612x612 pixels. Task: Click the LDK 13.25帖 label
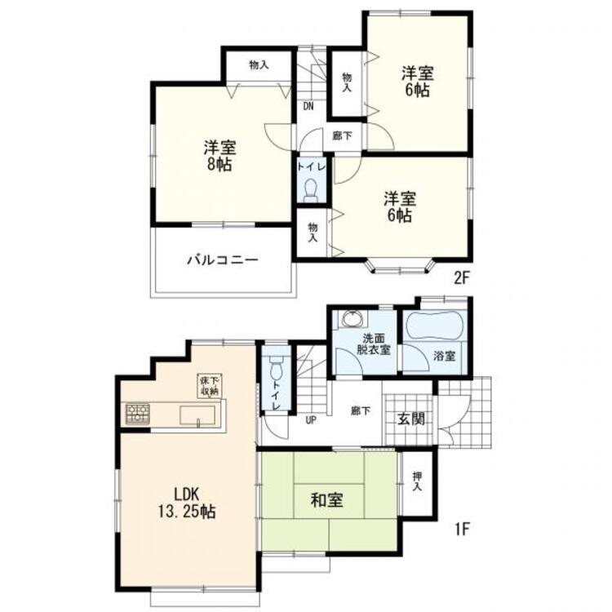pos(187,503)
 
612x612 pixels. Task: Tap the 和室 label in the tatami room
pos(326,500)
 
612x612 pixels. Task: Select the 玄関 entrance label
pos(411,419)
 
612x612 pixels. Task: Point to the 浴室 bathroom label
pos(445,356)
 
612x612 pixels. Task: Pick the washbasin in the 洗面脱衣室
pos(353,318)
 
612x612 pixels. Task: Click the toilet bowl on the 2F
pos(312,189)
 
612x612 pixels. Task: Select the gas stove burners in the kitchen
pos(137,414)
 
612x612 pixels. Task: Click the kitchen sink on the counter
pos(197,415)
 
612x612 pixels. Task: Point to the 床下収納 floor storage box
pos(210,386)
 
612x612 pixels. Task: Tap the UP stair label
pos(311,420)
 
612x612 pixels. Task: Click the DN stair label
pos(308,107)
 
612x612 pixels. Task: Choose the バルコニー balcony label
pos(223,260)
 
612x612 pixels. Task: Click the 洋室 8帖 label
pos(220,156)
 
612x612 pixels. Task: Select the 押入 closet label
pos(417,481)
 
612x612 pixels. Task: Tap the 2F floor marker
pos(461,278)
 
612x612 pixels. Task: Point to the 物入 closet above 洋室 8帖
pos(259,65)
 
